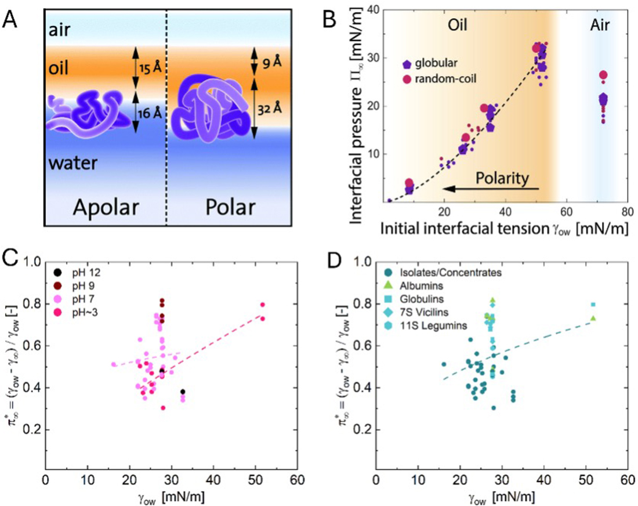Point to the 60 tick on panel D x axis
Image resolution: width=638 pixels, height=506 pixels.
click(x=626, y=480)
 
